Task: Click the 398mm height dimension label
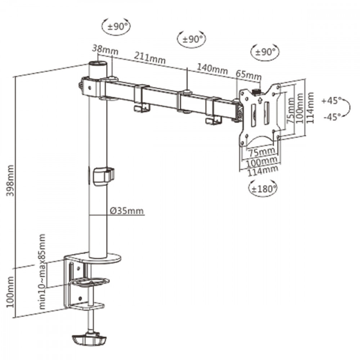coord(10,180)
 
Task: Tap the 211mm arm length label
coord(150,58)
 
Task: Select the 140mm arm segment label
coord(213,69)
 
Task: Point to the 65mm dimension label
coord(249,75)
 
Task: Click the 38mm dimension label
coord(105,50)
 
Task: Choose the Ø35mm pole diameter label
coord(127,211)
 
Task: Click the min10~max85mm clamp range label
coord(42,271)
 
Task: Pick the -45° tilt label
coord(332,117)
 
